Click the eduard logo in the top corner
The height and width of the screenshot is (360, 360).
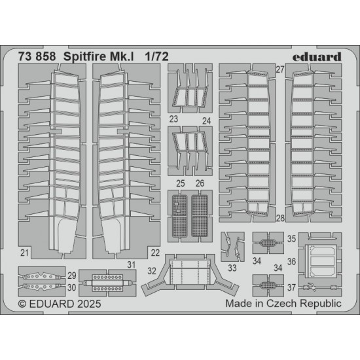click(317, 57)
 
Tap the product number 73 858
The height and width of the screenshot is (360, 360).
click(37, 56)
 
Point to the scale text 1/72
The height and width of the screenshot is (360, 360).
click(157, 56)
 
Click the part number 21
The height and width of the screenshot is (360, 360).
click(24, 253)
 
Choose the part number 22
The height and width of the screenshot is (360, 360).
click(155, 253)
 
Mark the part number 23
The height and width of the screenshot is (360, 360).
click(173, 119)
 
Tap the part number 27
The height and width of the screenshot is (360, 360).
click(280, 69)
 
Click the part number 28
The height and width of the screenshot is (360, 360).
click(280, 218)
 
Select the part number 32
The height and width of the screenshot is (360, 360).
click(152, 271)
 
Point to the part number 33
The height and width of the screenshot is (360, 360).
click(232, 268)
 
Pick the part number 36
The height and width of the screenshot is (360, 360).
click(291, 262)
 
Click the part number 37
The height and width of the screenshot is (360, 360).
click(291, 287)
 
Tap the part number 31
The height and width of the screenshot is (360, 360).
click(132, 264)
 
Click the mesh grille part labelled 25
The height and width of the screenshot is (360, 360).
click(180, 216)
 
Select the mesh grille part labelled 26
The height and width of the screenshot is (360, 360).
click(200, 216)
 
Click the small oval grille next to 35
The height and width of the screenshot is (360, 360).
click(268, 243)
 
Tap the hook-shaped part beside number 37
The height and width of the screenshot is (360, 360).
click(312, 287)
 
